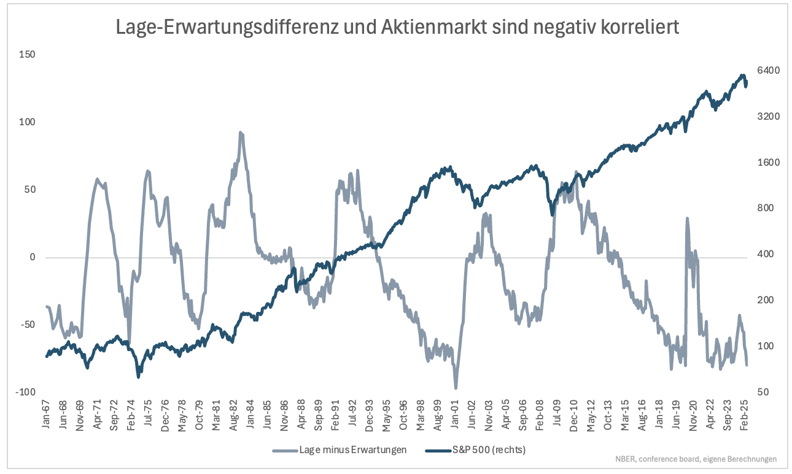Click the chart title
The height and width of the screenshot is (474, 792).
[x=397, y=27]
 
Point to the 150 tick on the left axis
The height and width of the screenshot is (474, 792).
[x=27, y=55]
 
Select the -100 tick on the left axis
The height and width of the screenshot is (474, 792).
[x=25, y=392]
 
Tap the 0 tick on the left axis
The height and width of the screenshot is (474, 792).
[x=33, y=257]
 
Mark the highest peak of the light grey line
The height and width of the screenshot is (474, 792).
[x=241, y=132]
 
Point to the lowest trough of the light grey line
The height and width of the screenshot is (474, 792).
[x=456, y=388]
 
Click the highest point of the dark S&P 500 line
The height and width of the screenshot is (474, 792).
[x=742, y=76]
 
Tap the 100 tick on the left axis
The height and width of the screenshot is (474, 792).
[x=27, y=122]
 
